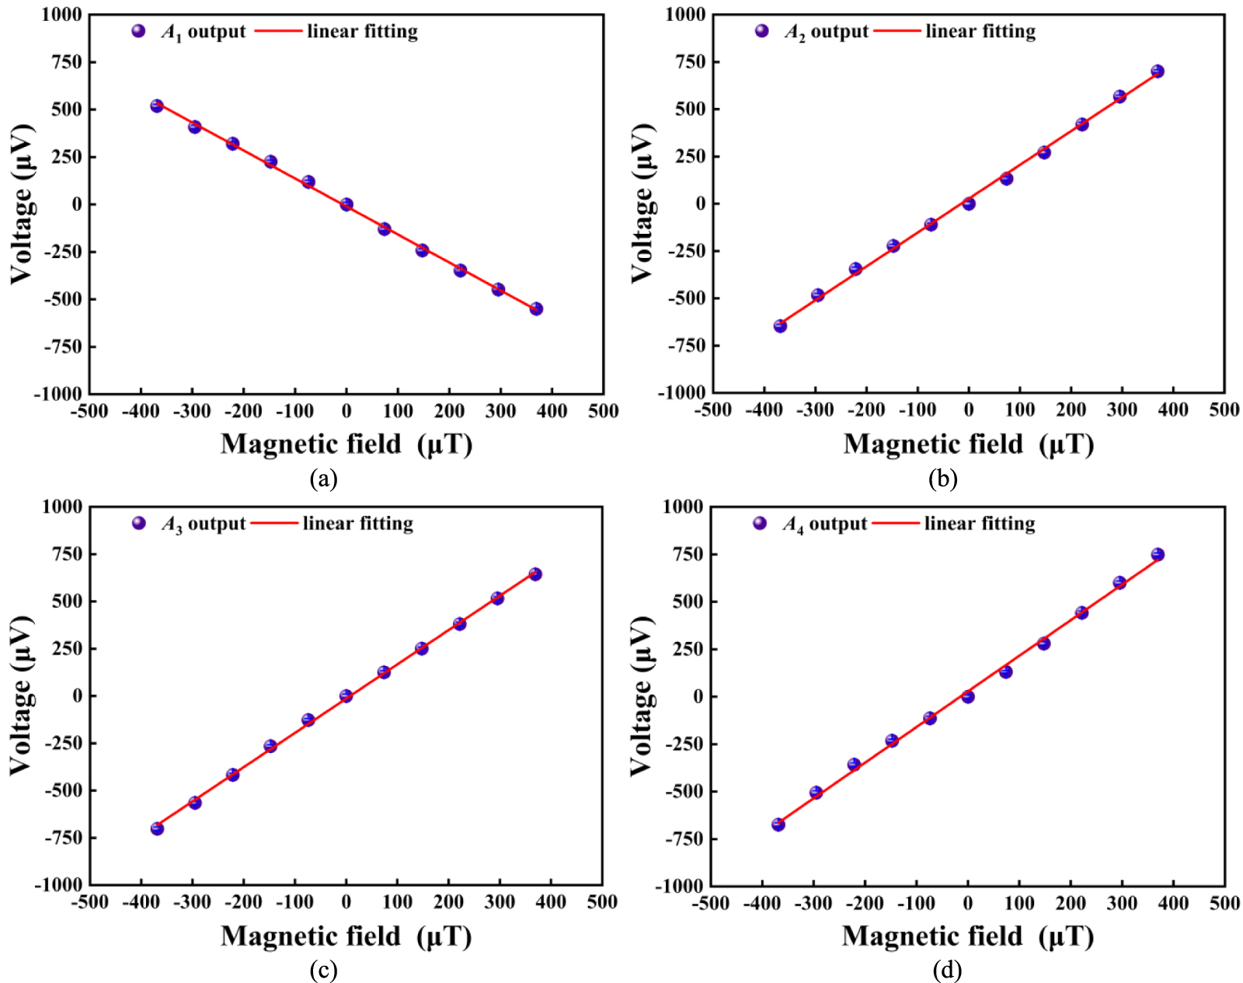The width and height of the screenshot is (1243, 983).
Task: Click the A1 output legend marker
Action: click(x=138, y=31)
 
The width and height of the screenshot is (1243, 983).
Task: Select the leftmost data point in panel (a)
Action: click(x=157, y=106)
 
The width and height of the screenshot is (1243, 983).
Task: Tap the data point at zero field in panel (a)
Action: click(x=346, y=204)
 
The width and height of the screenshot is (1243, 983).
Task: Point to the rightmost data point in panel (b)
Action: click(x=1158, y=71)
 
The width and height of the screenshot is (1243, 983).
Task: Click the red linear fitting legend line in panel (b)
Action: click(x=897, y=31)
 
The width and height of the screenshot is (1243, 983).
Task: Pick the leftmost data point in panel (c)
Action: click(x=157, y=829)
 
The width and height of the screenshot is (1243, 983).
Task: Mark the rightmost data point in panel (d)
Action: click(x=1158, y=554)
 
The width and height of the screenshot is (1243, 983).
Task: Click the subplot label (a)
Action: click(x=323, y=479)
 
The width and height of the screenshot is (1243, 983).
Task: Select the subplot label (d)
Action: click(x=947, y=970)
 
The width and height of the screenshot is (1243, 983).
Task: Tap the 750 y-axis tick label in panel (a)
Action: click(x=67, y=62)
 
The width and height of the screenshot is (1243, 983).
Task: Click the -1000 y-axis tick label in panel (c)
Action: click(x=58, y=885)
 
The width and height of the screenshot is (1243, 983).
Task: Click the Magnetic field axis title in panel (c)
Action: click(x=346, y=936)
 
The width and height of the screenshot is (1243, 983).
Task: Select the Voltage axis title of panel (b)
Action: click(x=642, y=204)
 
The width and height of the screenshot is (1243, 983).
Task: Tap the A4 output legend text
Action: click(x=824, y=525)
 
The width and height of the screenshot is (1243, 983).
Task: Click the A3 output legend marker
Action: click(x=139, y=524)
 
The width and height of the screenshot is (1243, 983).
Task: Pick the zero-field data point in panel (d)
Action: click(x=967, y=697)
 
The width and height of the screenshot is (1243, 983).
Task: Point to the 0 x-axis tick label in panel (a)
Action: click(x=346, y=411)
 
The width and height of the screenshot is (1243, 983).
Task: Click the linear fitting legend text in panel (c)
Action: click(x=358, y=524)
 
